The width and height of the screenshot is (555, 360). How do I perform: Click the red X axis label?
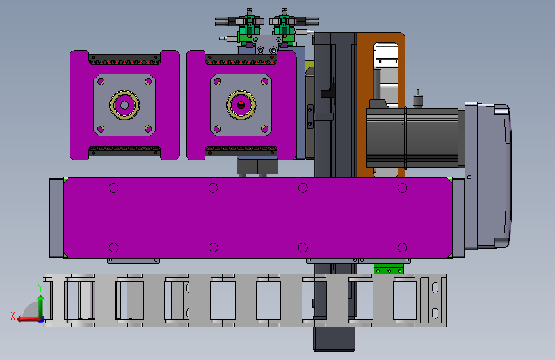pyautogui.click(x=13, y=316)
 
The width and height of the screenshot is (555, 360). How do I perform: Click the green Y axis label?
pyautogui.click(x=40, y=288)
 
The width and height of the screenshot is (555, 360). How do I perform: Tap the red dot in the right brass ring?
pyautogui.click(x=241, y=105)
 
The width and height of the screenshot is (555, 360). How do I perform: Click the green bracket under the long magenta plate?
pyautogui.click(x=389, y=269)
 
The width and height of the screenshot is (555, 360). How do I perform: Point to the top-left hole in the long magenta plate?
pyautogui.click(x=113, y=188)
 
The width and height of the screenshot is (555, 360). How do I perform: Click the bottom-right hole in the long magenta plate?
pyautogui.click(x=402, y=248)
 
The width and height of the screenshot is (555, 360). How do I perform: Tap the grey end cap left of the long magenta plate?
pyautogui.click(x=56, y=218)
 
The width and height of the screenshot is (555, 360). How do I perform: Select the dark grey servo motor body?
pyautogui.click(x=412, y=138)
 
